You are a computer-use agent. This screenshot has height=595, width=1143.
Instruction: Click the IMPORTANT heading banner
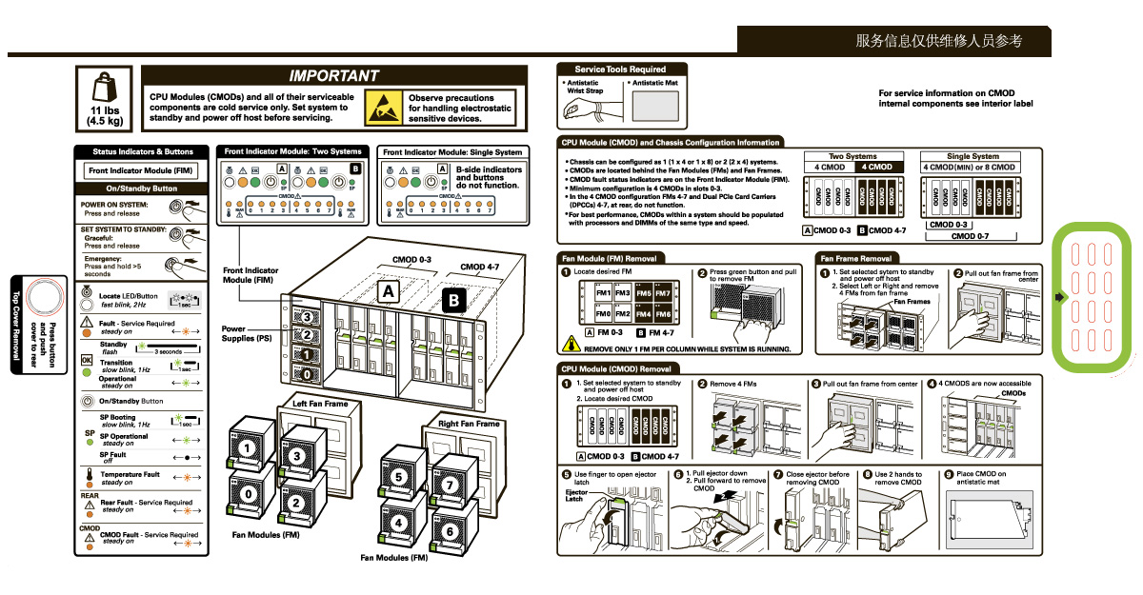[333, 75]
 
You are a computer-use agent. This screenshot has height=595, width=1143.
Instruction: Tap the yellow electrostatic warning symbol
[385, 106]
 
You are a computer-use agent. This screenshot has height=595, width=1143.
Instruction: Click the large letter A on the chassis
[389, 289]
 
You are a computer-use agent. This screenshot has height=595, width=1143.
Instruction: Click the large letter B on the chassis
[453, 302]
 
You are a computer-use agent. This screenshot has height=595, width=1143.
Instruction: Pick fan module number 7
[450, 486]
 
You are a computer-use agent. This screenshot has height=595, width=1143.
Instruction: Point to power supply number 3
[308, 316]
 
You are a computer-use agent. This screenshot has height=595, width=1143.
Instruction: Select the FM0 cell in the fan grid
[603, 314]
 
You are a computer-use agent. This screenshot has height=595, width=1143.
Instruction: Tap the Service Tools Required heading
[620, 69]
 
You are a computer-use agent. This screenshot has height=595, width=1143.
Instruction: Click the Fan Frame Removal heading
[856, 258]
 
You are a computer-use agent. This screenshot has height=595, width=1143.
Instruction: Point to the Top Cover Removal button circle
[42, 299]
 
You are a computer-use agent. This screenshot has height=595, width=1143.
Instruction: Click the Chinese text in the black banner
[938, 41]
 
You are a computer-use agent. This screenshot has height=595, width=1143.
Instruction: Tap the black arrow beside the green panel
[1058, 298]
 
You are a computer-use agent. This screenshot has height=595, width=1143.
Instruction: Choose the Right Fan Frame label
[469, 423]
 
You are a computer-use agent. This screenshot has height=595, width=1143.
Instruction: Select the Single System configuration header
[973, 156]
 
